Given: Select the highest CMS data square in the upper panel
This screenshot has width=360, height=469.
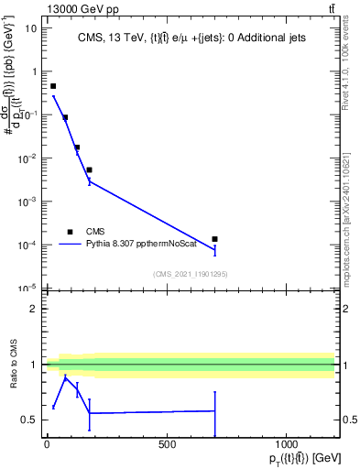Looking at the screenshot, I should tap(53, 86).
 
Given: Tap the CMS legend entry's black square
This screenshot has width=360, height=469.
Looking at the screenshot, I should tap(70, 232).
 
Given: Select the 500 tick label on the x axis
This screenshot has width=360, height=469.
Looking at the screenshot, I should tap(167, 445).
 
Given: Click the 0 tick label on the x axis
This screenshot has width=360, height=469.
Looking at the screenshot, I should tap(47, 445).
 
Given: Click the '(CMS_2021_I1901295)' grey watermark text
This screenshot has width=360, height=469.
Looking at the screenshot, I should tap(190, 274).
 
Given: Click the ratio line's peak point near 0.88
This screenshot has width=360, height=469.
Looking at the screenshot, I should tap(65, 376).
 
